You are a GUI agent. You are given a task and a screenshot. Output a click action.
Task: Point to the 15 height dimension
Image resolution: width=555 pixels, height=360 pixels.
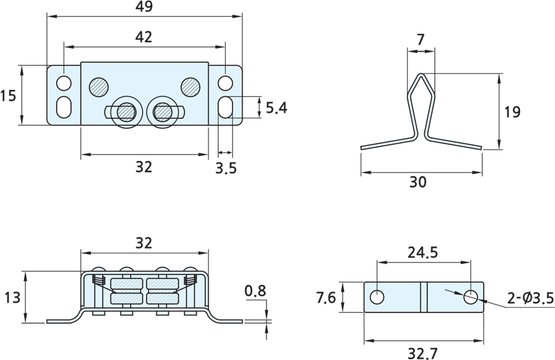point(8,96)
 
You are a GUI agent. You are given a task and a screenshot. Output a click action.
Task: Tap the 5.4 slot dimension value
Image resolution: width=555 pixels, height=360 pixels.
point(276,108)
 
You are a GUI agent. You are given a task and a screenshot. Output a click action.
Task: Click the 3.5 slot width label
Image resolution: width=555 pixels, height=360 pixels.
point(226,168)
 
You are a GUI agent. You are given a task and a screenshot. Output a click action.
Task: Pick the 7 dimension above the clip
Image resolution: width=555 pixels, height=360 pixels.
point(421,39)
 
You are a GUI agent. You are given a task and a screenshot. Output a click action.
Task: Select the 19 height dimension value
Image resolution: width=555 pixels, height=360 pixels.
point(512,112)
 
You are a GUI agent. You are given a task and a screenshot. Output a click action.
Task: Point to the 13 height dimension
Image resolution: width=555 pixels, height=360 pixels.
point(11,298)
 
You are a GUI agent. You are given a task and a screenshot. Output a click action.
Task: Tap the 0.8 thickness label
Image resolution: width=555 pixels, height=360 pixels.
point(255,290)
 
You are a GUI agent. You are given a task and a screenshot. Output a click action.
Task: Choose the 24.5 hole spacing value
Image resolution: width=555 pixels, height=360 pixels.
point(422,252)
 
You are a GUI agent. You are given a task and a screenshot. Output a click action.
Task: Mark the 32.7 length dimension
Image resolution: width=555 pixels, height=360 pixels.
point(423,353)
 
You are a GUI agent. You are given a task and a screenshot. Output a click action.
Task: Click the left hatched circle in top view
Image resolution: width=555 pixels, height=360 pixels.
point(98,86)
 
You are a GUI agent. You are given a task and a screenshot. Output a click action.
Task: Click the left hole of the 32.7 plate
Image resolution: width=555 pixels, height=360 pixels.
point(377,297)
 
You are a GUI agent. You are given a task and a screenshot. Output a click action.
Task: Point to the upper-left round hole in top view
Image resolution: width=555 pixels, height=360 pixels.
point(64,83)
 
